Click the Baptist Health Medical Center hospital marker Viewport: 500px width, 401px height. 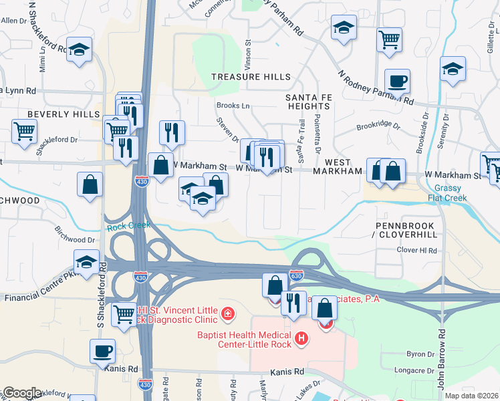click(301, 339)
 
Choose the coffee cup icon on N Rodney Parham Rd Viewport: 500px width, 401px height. click(397, 82)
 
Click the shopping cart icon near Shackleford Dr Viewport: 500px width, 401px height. click(25, 131)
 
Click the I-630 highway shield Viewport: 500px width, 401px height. click(296, 275)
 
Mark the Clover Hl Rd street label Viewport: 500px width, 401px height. click(416, 251)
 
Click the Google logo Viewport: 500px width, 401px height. click(22, 393)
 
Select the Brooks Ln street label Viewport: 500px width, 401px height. click(233, 106)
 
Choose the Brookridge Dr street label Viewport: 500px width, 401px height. click(378, 125)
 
